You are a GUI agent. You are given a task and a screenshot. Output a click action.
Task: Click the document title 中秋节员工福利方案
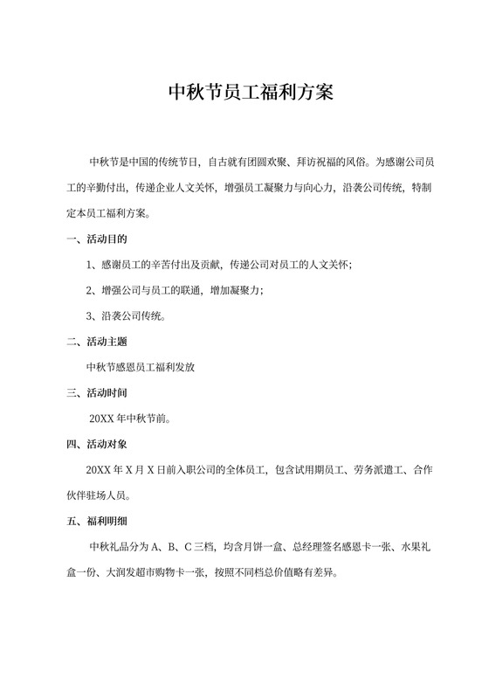pyautogui.click(x=244, y=93)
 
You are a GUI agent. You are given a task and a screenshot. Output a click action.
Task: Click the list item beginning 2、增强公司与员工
pyautogui.click(x=175, y=290)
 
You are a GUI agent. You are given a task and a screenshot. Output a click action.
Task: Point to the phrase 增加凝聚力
pyautogui.click(x=237, y=290)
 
